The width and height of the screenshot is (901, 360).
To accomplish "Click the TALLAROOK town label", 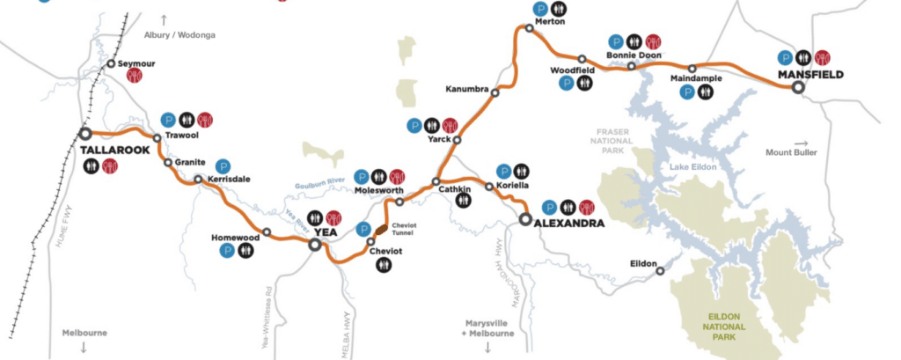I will click(x=112, y=150).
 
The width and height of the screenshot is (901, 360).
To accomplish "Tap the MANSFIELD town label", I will click(x=810, y=75).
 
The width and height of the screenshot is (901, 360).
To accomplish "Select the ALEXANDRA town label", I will click(x=568, y=224).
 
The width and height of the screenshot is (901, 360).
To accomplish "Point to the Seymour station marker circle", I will click(x=110, y=63).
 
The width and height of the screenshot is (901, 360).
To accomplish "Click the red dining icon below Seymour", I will click(x=135, y=77).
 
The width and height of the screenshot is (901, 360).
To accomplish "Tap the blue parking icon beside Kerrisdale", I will click(x=223, y=165).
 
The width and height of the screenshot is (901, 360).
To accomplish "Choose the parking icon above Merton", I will click(x=539, y=8).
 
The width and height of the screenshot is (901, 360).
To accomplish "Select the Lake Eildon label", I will click(x=692, y=166).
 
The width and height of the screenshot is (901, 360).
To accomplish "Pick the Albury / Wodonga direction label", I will click(x=179, y=35).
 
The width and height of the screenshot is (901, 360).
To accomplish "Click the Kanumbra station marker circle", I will click(x=495, y=92).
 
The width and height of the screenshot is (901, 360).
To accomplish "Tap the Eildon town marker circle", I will click(x=660, y=271).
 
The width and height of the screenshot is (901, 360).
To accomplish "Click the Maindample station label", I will click(x=695, y=78).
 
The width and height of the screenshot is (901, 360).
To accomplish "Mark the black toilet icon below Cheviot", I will click(x=384, y=264).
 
